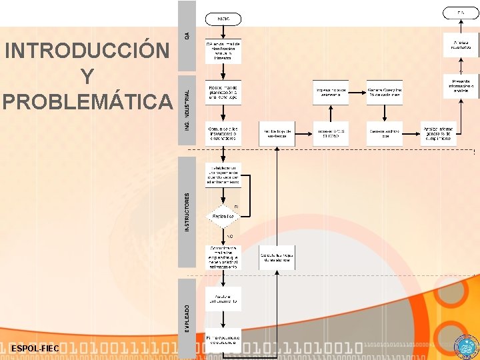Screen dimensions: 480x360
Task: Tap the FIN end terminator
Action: click(x=460, y=13)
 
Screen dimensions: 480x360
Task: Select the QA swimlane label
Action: click(x=187, y=35)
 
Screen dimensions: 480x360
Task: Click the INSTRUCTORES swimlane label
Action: click(x=187, y=212)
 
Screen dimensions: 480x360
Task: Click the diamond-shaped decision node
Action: click(x=223, y=216)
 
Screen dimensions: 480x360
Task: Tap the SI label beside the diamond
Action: click(x=236, y=207)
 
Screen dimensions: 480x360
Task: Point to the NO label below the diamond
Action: click(x=229, y=236)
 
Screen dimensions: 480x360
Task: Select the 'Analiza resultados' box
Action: click(x=461, y=45)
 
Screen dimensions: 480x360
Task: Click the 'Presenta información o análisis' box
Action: click(x=461, y=85)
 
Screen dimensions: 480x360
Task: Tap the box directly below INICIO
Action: click(x=223, y=51)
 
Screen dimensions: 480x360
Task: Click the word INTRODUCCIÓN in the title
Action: click(x=87, y=51)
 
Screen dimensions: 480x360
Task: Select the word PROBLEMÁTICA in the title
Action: click(x=87, y=101)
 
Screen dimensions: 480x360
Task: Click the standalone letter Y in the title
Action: click(x=87, y=77)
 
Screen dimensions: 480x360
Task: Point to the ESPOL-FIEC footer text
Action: click(x=35, y=349)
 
